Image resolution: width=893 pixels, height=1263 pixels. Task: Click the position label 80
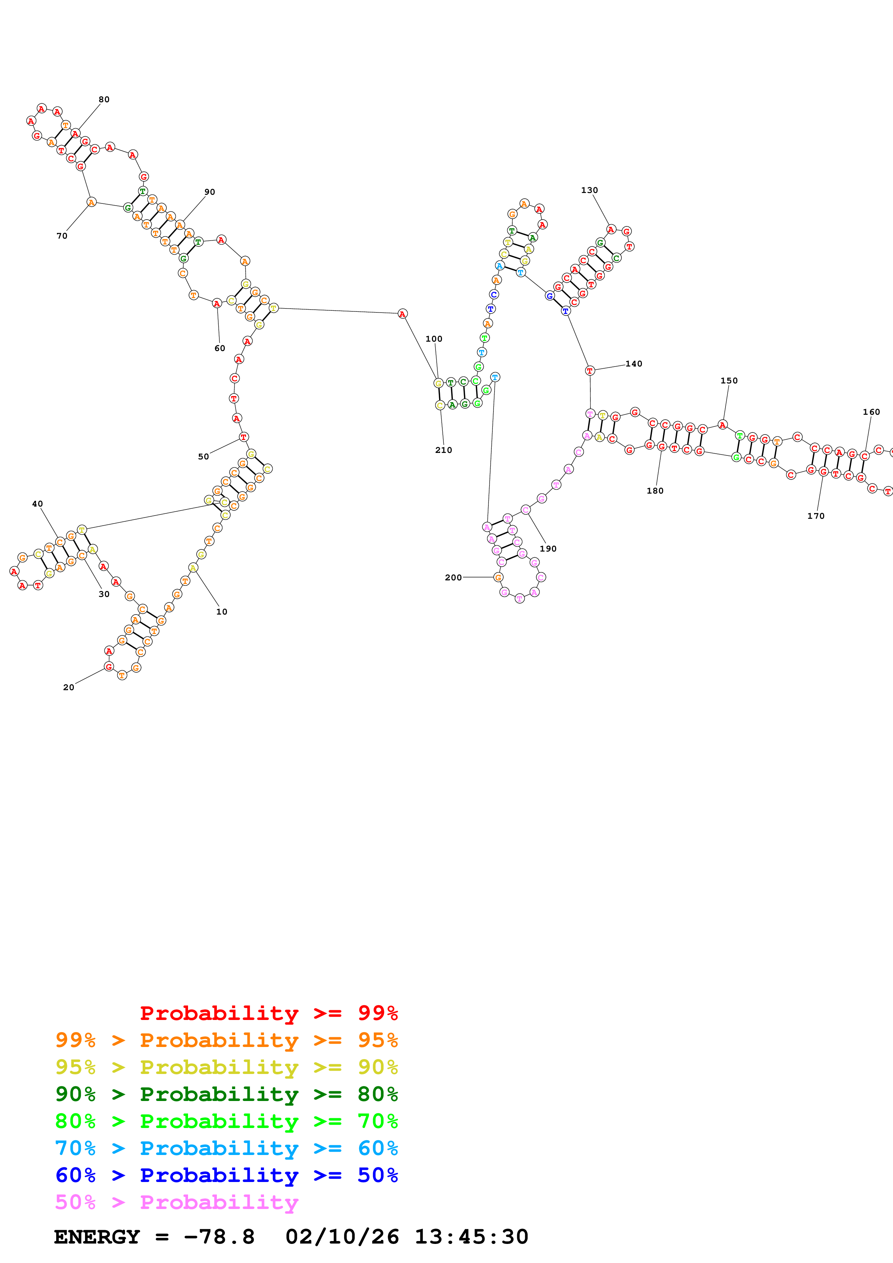point(104,100)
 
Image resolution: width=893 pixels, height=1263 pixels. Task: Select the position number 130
point(589,190)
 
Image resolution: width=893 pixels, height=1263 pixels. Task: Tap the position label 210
point(443,450)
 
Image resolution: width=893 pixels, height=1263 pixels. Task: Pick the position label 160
point(871,412)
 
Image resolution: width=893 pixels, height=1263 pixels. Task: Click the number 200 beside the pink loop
point(454,577)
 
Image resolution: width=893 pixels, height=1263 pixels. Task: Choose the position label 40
point(37,504)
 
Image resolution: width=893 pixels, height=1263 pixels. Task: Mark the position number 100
point(434,339)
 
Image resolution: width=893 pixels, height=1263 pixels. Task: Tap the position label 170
point(816,516)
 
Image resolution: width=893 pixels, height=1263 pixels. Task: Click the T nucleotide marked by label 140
point(590,371)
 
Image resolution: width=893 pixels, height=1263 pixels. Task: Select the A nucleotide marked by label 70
point(91,202)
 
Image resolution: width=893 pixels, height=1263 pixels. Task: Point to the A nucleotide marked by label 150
point(723,425)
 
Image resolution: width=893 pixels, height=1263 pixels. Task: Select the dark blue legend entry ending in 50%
point(226,1175)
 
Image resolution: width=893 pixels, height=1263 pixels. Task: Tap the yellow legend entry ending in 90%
point(226,1067)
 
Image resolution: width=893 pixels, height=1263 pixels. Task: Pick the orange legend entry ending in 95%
point(226,1040)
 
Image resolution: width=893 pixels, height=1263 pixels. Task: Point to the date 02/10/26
point(342,1237)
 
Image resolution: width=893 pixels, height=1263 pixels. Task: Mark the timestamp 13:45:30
point(471,1237)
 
